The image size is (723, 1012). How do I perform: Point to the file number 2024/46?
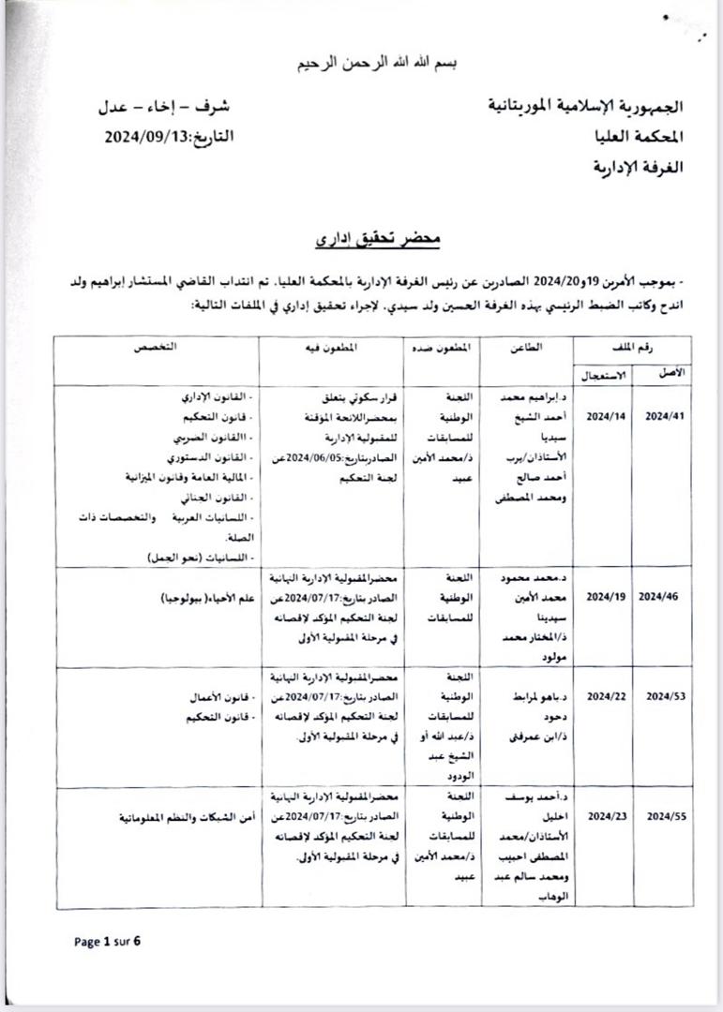(667, 594)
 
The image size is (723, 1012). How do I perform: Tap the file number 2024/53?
(667, 696)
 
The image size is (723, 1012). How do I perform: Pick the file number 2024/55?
(667, 816)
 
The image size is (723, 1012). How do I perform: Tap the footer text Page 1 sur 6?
(107, 941)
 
